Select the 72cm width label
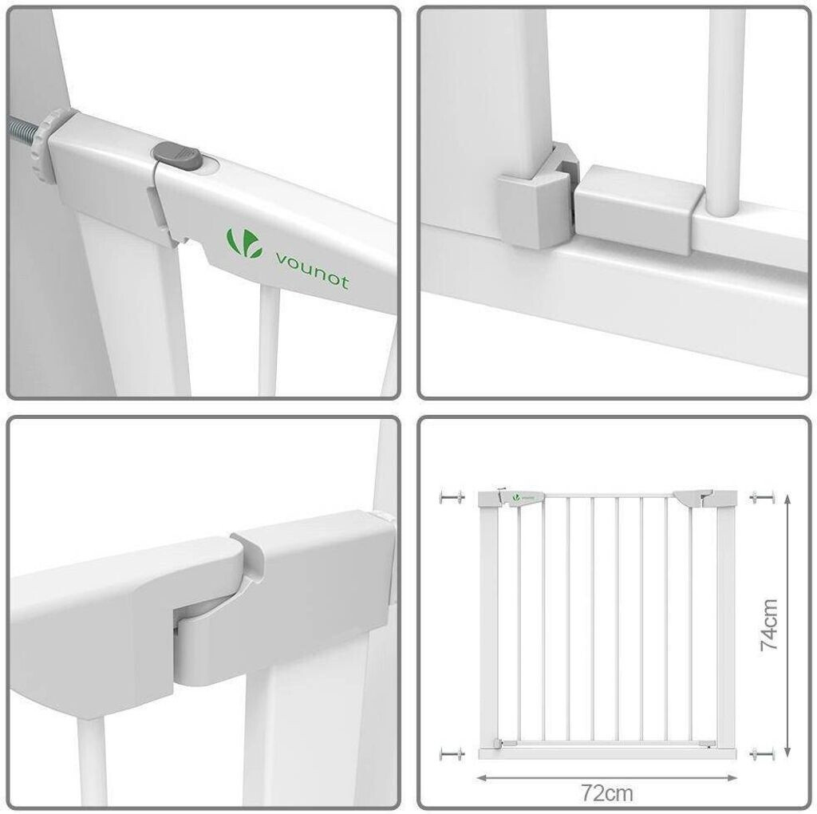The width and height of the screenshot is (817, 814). [x=607, y=794]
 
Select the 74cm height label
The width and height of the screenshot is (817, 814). [x=769, y=625]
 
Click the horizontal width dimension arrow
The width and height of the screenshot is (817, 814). [x=607, y=778]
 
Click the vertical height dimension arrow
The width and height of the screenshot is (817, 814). [x=787, y=625]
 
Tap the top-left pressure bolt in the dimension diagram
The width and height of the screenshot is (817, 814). [x=452, y=497]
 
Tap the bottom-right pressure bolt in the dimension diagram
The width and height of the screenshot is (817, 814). [x=762, y=753]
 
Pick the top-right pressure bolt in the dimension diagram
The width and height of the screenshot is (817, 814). [x=762, y=497]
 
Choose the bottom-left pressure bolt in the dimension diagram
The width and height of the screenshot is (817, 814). [x=452, y=753]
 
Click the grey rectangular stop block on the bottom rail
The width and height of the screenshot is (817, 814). [x=634, y=208]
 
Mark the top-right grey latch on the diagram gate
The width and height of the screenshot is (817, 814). [x=693, y=499]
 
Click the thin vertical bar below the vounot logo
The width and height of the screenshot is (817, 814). [x=269, y=342]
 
